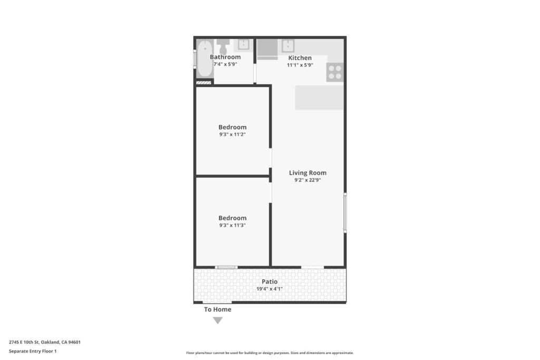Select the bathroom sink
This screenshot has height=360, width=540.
click(x=243, y=44)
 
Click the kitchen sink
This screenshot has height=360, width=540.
click(x=287, y=45)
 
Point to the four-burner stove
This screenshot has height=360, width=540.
click(x=335, y=72)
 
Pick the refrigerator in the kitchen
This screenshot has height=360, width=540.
click(x=266, y=48)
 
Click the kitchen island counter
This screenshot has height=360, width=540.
click(x=319, y=98)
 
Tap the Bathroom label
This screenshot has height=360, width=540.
click(x=225, y=57)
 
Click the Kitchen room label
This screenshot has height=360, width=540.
click(x=300, y=57)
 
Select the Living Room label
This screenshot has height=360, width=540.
click(x=307, y=172)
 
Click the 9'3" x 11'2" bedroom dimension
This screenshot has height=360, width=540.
click(x=233, y=134)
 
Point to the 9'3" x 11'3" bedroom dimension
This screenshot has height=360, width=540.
click(x=233, y=225)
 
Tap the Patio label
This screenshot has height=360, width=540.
click(x=269, y=281)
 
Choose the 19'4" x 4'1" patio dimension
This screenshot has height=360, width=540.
click(x=269, y=289)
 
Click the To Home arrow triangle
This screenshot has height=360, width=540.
click(x=218, y=320)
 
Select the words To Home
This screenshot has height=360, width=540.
click(x=218, y=309)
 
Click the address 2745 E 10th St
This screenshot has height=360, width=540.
click(x=44, y=342)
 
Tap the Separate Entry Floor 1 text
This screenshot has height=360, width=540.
click(x=32, y=351)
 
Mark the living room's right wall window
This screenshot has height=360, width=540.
click(x=345, y=212)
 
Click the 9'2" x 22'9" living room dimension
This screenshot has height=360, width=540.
click(x=307, y=180)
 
